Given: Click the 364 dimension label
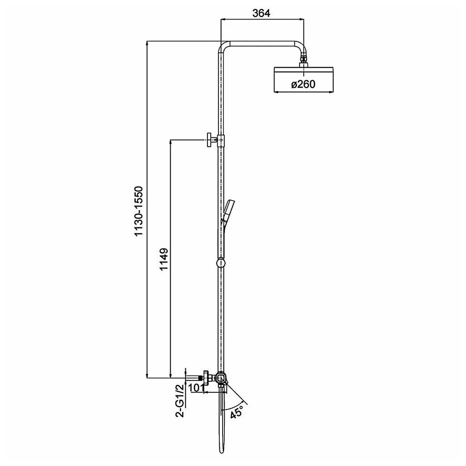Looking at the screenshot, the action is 261,13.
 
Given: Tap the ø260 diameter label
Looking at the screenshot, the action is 303,84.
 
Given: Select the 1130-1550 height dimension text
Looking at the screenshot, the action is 139,211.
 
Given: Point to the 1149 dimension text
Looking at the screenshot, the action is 164,259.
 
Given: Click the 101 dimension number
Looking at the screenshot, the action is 196,388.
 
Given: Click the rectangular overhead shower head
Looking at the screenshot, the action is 304,80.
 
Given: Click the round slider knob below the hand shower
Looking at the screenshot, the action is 221,263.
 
